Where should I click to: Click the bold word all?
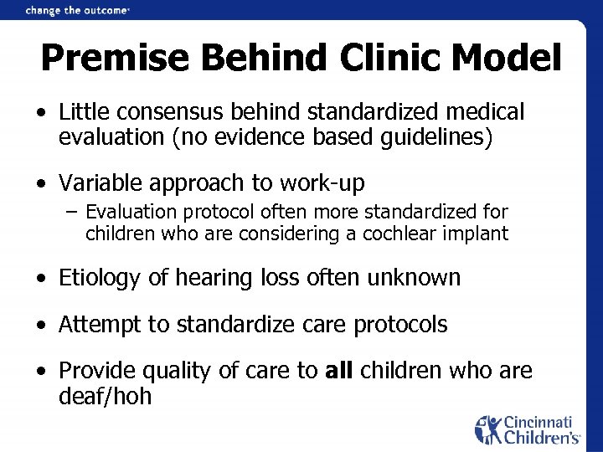click(340, 369)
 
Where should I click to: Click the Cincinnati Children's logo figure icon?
click(488, 429)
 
